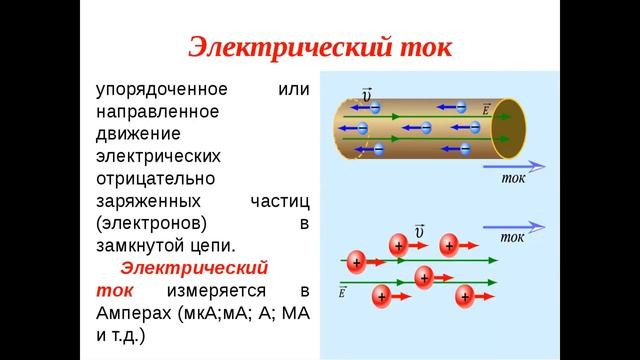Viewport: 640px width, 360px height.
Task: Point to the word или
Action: [294, 91]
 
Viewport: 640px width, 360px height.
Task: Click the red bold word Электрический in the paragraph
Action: [195, 268]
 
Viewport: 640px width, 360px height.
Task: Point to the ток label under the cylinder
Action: [512, 179]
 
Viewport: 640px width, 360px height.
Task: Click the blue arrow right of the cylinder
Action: [520, 165]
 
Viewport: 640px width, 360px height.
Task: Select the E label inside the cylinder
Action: [486, 107]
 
